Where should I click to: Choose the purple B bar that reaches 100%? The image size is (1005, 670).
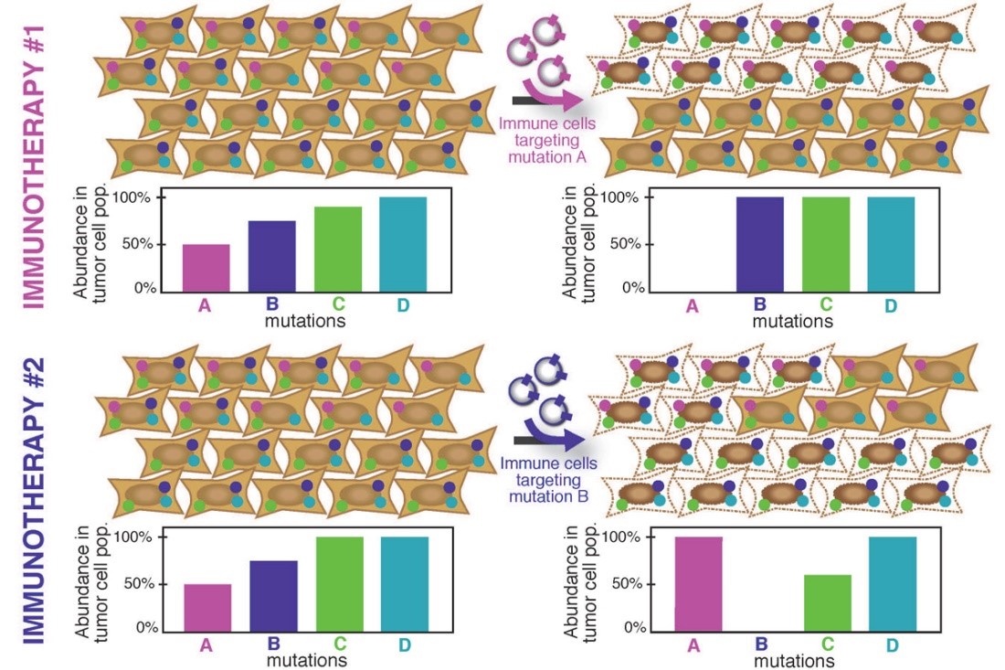click(x=759, y=244)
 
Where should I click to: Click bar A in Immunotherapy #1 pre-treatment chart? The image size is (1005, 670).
click(x=206, y=267)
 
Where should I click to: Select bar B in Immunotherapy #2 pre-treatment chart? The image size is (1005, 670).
click(x=274, y=595)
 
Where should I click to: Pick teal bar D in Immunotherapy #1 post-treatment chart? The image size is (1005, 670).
click(x=891, y=244)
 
